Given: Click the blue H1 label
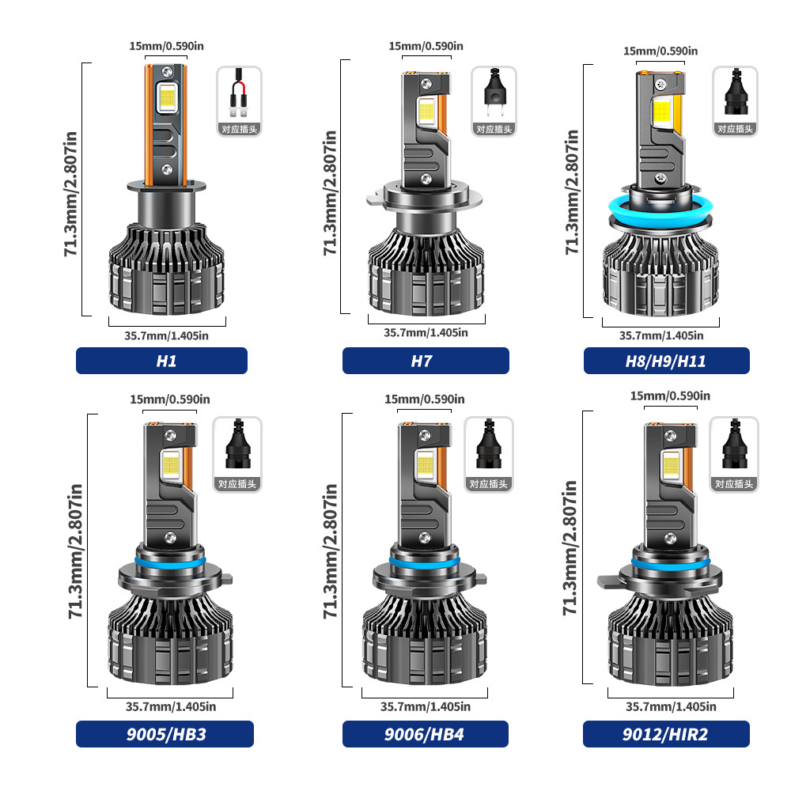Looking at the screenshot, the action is pyautogui.click(x=161, y=361).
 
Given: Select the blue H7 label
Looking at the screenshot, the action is pyautogui.click(x=426, y=361).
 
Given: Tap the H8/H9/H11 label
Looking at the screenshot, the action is pyautogui.click(x=666, y=361).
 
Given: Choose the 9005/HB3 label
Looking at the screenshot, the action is pyautogui.click(x=165, y=734).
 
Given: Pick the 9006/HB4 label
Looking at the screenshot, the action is pyautogui.click(x=426, y=734).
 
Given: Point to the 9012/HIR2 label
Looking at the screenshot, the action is pyautogui.click(x=666, y=734).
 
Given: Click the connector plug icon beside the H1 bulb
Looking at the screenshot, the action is pyautogui.click(x=239, y=94).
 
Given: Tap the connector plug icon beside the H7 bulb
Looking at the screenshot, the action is pyautogui.click(x=494, y=94).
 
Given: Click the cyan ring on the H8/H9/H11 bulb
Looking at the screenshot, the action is pyautogui.click(x=660, y=211).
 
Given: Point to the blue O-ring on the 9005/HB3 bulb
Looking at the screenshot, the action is pyautogui.click(x=170, y=562).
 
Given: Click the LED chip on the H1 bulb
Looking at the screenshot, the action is pyautogui.click(x=167, y=96).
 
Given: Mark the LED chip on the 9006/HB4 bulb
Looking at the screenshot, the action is pyautogui.click(x=426, y=464).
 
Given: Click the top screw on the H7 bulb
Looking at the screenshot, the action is pyautogui.click(x=426, y=83).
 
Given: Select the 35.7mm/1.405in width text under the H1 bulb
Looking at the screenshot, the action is pyautogui.click(x=166, y=335).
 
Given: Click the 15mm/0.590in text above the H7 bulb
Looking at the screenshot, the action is pyautogui.click(x=426, y=46).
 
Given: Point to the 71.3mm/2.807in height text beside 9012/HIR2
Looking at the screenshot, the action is pyautogui.click(x=570, y=547).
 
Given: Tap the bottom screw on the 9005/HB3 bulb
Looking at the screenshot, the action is pyautogui.click(x=171, y=538).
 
